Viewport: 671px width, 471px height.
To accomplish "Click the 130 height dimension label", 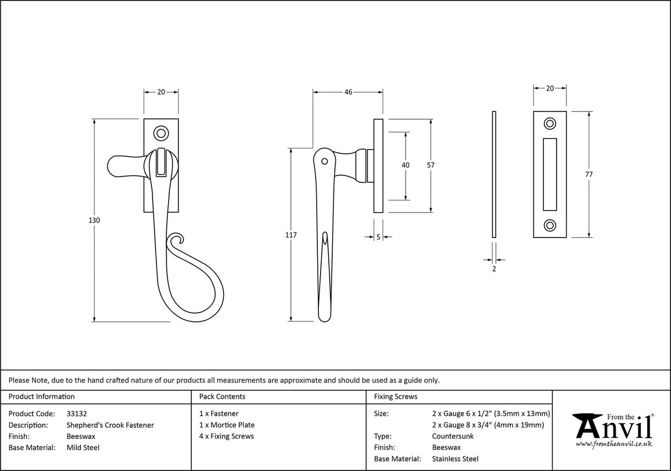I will pos(94,220).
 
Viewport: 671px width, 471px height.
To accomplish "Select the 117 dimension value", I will pos(291,235).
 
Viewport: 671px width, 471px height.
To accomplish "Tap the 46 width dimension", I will pos(348,92).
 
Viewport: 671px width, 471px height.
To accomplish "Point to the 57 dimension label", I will pos(431,165).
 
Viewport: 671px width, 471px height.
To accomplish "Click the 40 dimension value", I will pos(406,165).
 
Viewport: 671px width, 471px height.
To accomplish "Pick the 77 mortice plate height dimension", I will pos(589,174).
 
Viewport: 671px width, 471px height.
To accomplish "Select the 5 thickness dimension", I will pos(378,237).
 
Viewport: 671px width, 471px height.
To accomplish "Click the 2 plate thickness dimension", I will pos(494,269).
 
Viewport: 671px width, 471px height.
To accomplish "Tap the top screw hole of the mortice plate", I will pos(549,123).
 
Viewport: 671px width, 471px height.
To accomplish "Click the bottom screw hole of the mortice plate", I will pos(549,225).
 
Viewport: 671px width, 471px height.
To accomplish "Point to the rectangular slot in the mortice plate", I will pos(549,174).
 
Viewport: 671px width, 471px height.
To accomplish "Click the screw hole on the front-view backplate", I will pos(161,133).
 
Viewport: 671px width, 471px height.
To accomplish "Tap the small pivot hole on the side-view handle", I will pos(324,162).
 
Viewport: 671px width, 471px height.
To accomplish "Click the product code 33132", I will pos(76,413).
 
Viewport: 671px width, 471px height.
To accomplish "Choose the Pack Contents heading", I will pos(222,396).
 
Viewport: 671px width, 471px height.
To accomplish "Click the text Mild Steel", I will pos(83,448).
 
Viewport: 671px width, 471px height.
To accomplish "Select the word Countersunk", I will pos(453,436).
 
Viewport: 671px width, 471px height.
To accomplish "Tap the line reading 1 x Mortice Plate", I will pos(227,425).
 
